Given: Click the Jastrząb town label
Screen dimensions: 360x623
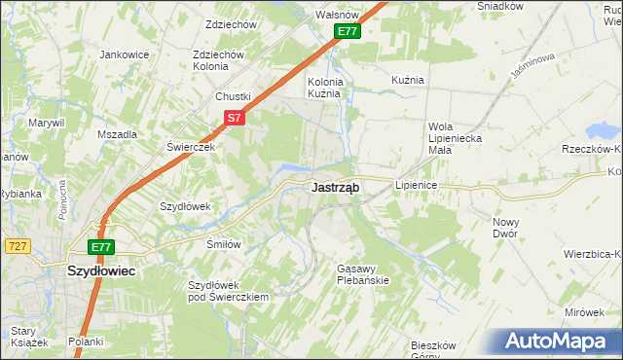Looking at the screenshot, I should pos(337,189).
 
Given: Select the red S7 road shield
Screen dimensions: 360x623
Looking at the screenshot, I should pos(233,118).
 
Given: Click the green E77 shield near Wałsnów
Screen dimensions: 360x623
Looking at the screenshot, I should pos(348,32).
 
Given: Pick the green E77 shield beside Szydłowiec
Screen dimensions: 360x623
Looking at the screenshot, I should pos(102,247).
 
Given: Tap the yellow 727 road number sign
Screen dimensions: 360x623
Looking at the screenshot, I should pos(16,247).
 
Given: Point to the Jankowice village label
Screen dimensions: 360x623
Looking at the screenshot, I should pos(124,54).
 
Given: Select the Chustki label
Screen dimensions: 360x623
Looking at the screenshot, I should pos(234,96).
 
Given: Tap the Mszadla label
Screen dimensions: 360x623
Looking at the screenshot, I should pos(117,134).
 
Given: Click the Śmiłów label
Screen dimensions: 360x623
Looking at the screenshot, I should pos(223,244).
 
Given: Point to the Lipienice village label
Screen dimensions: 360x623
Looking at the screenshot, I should pos(420,184).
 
